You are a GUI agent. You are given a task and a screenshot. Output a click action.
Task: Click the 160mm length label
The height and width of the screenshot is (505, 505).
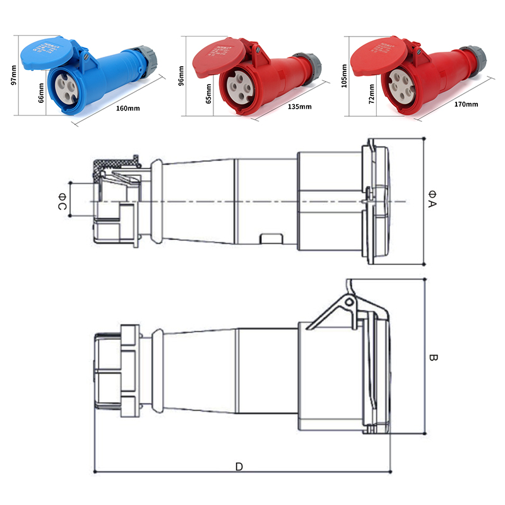pos(128,108)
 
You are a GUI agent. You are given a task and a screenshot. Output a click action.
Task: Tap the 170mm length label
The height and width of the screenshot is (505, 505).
pos(466,104)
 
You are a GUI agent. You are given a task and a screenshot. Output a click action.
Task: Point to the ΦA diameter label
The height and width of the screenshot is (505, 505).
pos(432,198)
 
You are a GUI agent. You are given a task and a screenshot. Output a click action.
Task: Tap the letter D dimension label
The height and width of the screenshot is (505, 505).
pos(239,467)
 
